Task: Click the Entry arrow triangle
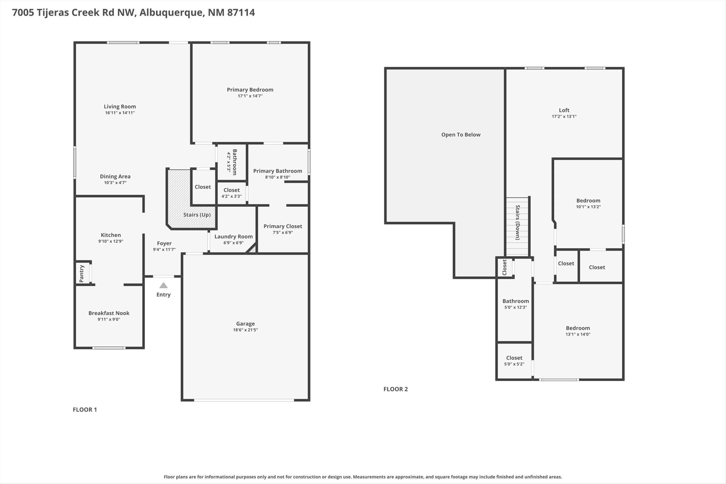click(164, 285)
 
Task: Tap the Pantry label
click(82, 273)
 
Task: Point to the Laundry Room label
click(234, 236)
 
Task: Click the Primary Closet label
click(283, 226)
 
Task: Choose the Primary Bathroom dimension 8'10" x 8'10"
click(278, 177)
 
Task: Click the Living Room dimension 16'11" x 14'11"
click(120, 113)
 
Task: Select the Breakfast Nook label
click(109, 313)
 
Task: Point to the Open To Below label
click(461, 135)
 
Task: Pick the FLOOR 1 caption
click(85, 410)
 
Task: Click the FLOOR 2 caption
click(396, 389)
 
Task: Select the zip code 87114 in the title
click(241, 12)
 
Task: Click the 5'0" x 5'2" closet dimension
click(514, 364)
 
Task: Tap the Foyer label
click(164, 243)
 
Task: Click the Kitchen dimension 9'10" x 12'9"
click(111, 241)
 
